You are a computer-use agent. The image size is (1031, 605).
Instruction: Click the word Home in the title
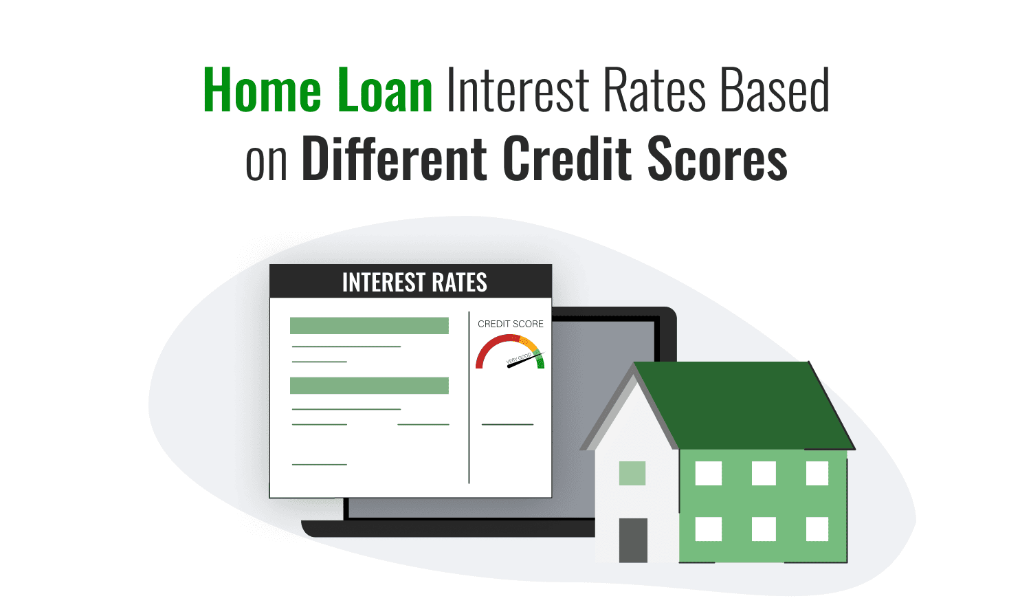262,91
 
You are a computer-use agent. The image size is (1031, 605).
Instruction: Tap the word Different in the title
395,159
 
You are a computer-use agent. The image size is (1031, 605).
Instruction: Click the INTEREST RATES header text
414,283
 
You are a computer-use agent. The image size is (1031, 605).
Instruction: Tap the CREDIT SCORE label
511,324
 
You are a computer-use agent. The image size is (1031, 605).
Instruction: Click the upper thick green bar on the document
369,325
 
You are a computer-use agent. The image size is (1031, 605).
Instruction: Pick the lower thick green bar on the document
369,386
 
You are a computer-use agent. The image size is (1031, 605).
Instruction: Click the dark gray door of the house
633,540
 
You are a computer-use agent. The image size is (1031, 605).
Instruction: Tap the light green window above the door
632,473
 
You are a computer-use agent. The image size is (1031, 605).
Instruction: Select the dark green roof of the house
742,406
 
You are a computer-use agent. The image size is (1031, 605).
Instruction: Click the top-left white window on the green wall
709,473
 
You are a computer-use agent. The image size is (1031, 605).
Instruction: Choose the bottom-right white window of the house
817,529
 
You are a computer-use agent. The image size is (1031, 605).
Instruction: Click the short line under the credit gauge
507,425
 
